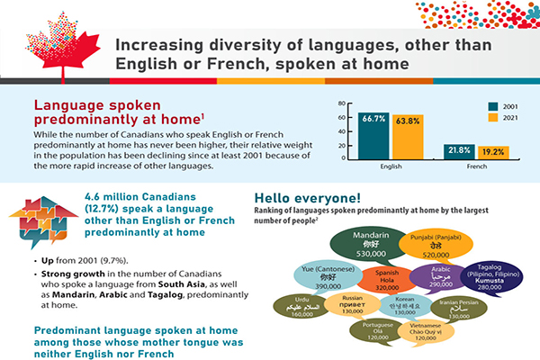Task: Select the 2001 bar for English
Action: tap(374, 135)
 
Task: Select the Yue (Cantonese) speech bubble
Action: tap(326, 274)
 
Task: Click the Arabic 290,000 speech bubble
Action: tap(441, 274)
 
